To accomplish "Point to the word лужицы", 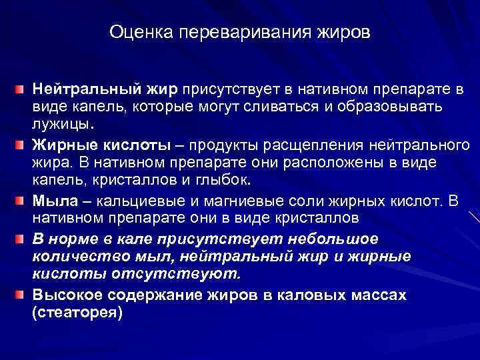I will pyautogui.click(x=62, y=124).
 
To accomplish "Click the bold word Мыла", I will pyautogui.click(x=53, y=199).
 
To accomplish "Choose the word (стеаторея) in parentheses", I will pyautogui.click(x=77, y=312).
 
